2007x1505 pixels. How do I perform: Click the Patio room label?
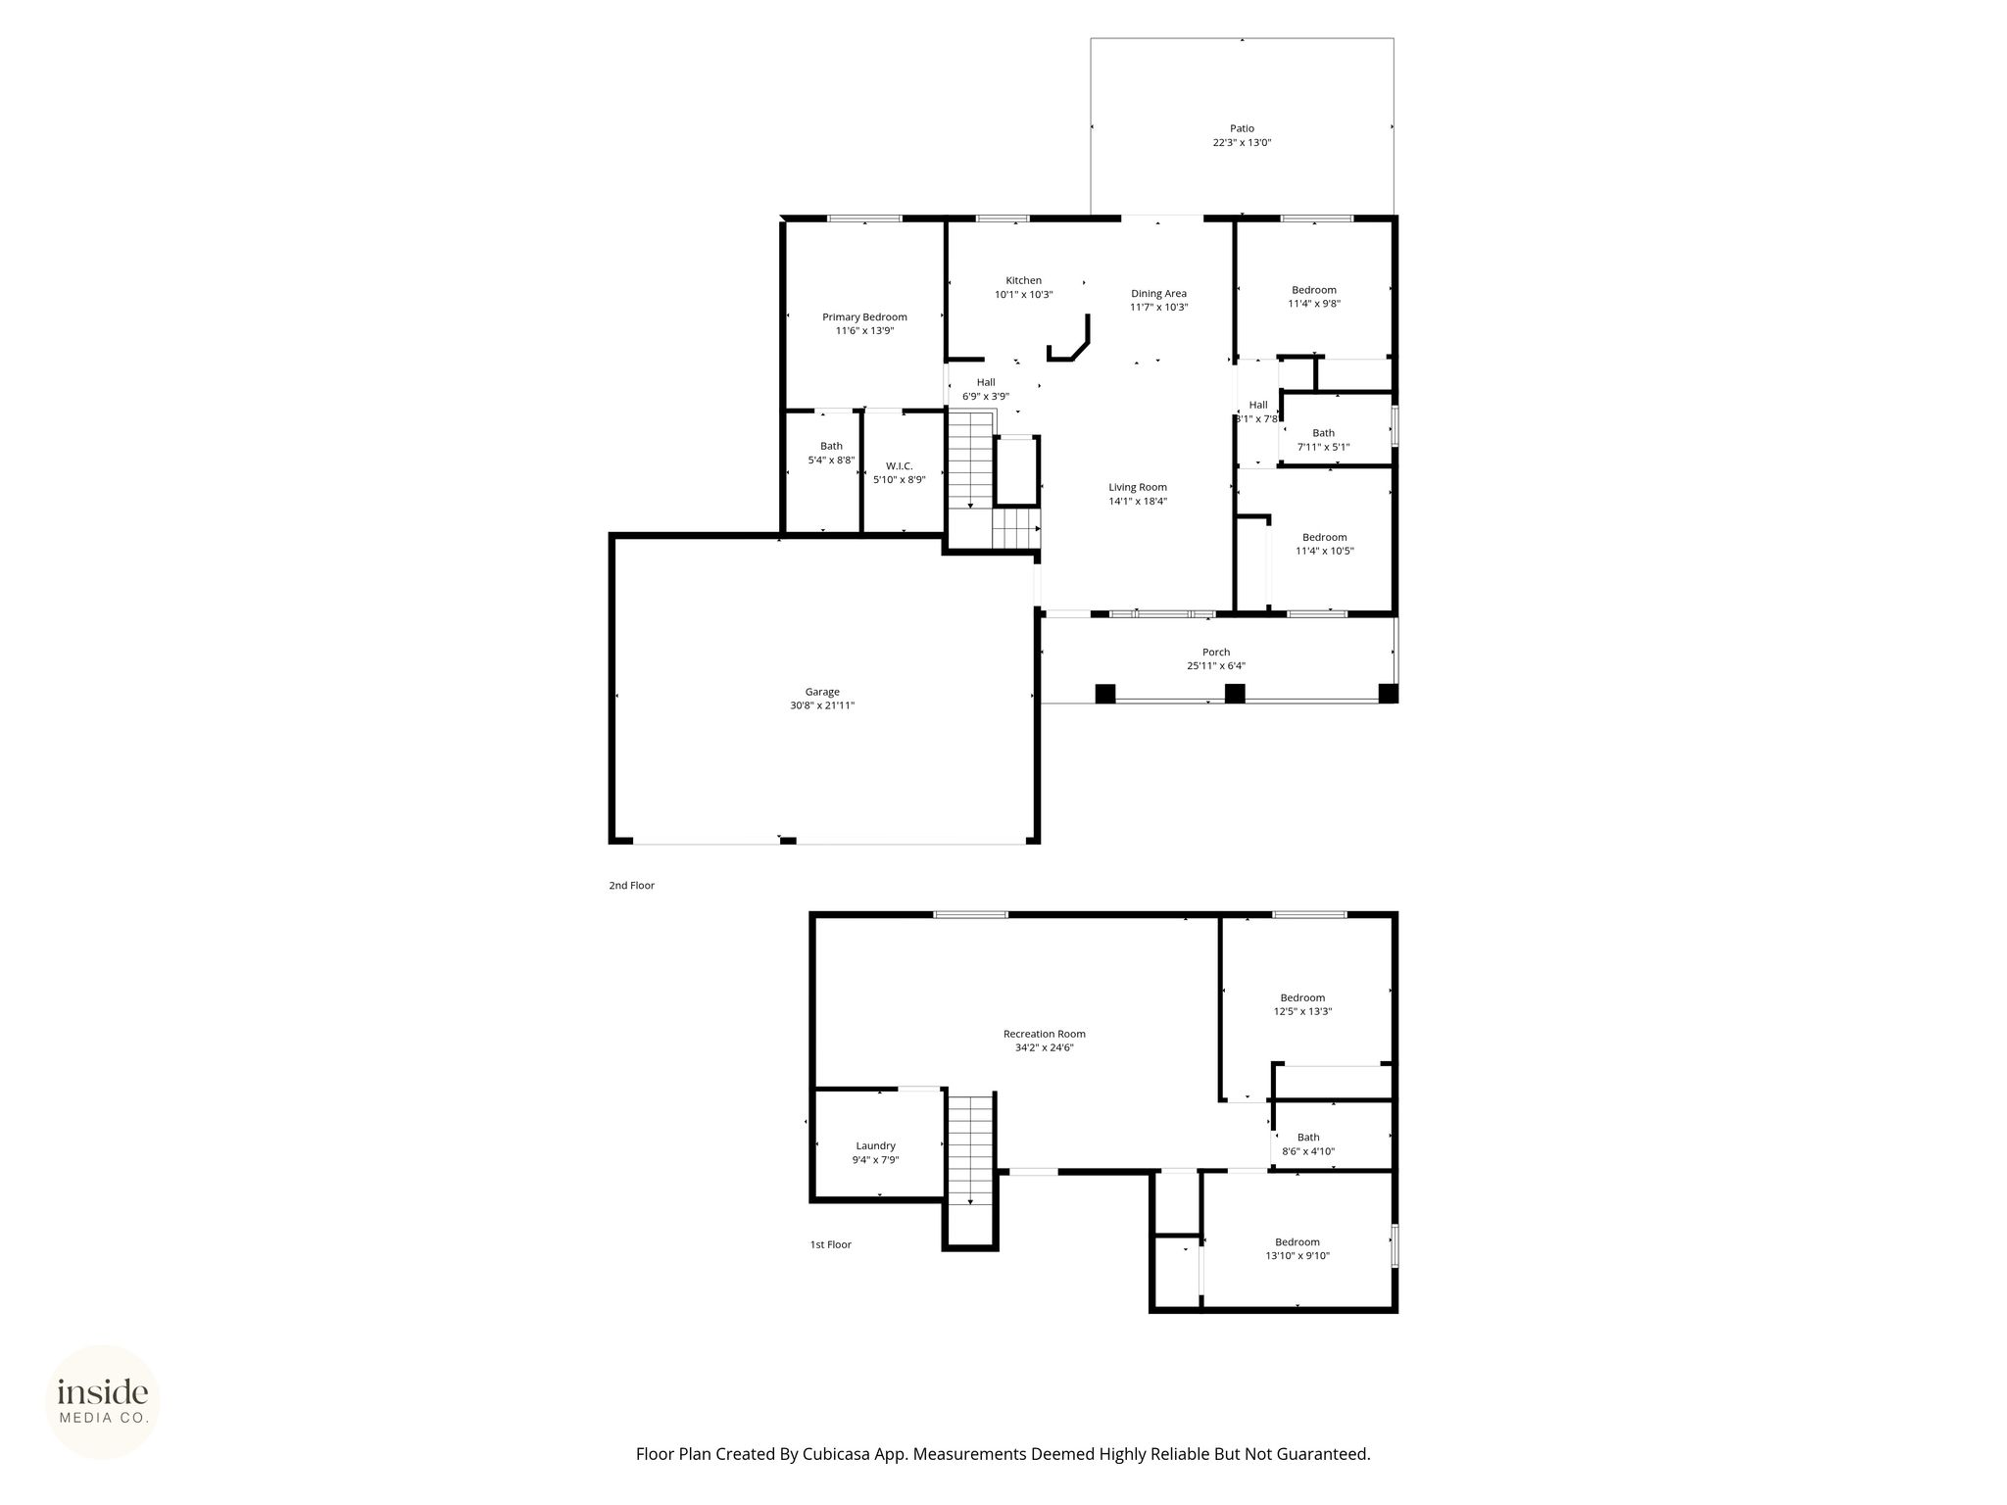[1242, 128]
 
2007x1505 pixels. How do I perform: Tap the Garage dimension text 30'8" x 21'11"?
[822, 705]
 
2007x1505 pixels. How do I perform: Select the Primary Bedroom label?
[864, 317]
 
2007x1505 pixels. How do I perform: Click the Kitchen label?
[1024, 281]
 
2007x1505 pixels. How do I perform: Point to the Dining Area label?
[1158, 294]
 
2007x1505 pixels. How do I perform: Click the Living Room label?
[1138, 488]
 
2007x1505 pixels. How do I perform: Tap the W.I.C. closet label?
[899, 466]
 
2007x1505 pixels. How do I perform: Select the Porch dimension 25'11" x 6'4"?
[1216, 666]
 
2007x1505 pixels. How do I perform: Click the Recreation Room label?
[1045, 1034]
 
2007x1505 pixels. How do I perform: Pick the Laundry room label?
[875, 1146]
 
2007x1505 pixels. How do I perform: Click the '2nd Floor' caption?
[631, 886]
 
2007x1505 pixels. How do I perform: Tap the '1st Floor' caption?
[830, 1245]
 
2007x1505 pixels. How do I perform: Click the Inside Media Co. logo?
[103, 1402]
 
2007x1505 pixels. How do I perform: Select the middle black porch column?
[1235, 694]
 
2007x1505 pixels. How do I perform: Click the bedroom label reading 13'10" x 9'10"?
[1297, 1256]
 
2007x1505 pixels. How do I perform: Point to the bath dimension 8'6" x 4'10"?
[1308, 1152]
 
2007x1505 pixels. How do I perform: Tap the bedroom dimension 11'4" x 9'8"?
[1314, 304]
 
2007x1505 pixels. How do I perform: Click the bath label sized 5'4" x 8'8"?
[831, 447]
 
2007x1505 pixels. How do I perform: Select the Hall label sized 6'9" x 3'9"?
[986, 382]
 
